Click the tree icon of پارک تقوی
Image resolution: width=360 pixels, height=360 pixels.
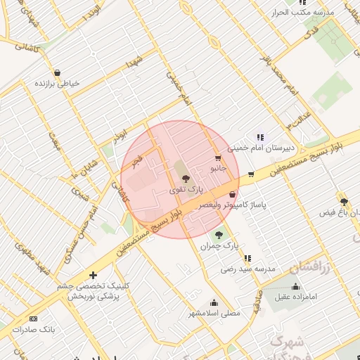click(186, 179)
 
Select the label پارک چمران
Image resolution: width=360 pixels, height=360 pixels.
click(219, 247)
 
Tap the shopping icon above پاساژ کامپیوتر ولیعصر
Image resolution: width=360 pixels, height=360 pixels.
click(233, 195)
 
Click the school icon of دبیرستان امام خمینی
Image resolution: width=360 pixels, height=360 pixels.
click(260, 137)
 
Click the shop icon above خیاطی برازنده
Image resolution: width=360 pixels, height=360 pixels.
click(57, 72)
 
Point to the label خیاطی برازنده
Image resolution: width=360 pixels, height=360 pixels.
click(58, 84)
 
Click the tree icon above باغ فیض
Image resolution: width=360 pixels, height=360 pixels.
click(343, 201)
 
